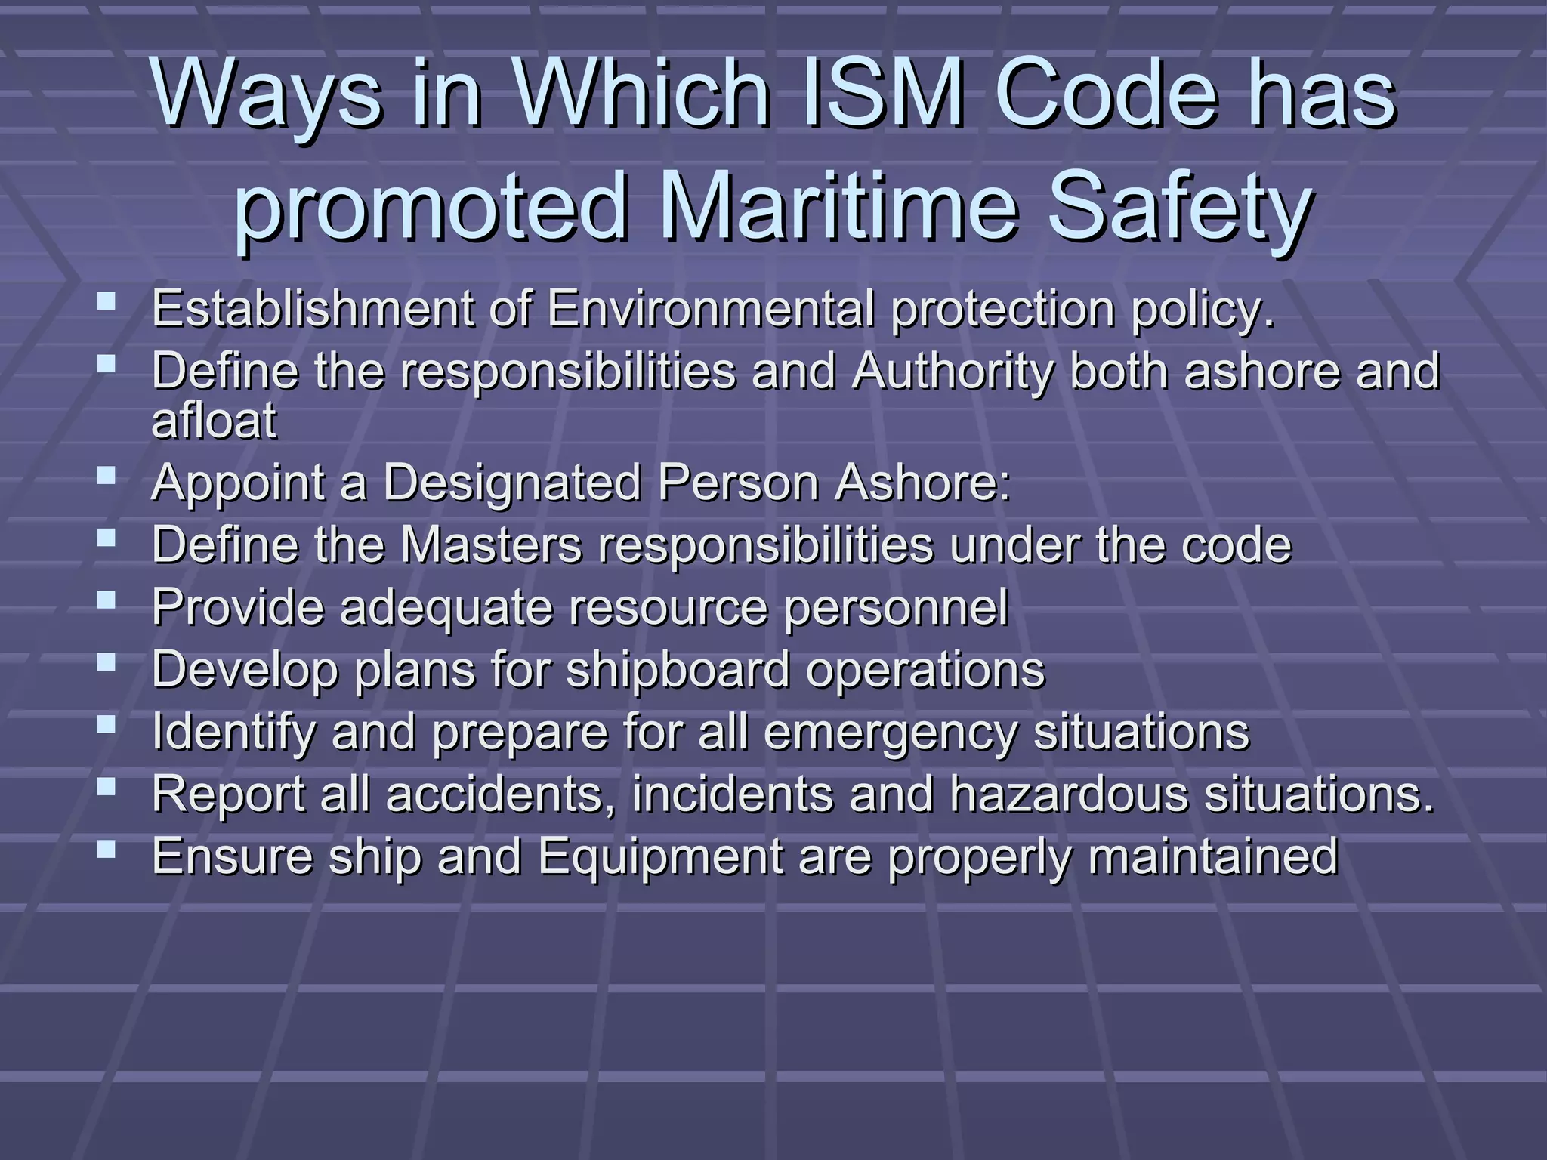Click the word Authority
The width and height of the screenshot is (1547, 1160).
[x=951, y=372]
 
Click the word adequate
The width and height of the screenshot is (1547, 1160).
[x=446, y=606]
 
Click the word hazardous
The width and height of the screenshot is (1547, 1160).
[x=1068, y=794]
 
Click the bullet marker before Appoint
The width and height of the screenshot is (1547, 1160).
[x=107, y=475]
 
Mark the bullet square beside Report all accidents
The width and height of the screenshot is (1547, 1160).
[x=107, y=787]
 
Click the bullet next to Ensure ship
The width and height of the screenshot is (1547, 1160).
[x=107, y=849]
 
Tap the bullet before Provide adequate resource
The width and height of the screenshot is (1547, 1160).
[x=107, y=600]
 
